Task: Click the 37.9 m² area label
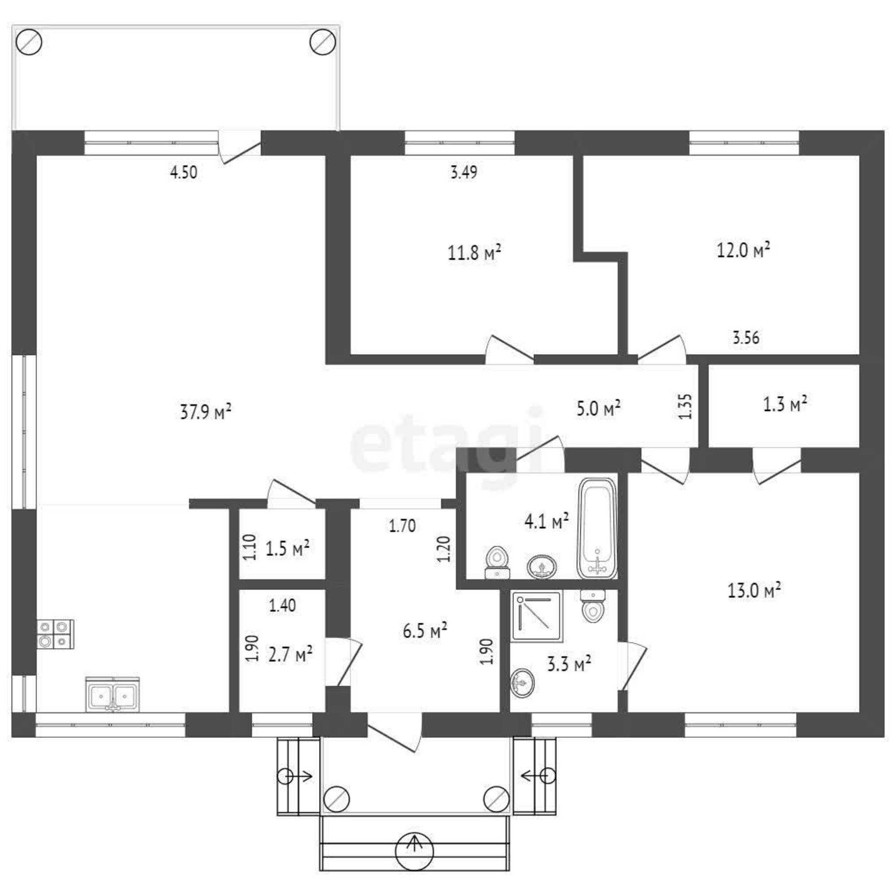(x=206, y=411)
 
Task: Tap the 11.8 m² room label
(x=474, y=252)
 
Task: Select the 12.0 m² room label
(x=743, y=250)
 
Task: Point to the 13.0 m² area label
(x=754, y=590)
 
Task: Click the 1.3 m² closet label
(x=785, y=404)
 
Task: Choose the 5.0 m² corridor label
(x=599, y=409)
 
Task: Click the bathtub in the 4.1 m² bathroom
(x=597, y=528)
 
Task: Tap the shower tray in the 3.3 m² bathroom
(x=537, y=616)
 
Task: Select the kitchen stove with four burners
(x=55, y=634)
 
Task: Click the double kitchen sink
(x=113, y=694)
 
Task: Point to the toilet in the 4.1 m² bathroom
(x=497, y=563)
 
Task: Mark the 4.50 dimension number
(x=184, y=172)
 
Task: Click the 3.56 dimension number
(x=746, y=338)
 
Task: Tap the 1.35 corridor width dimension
(x=685, y=406)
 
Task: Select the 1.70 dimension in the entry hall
(x=402, y=526)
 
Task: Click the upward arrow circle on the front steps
(x=414, y=852)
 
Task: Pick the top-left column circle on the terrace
(x=29, y=42)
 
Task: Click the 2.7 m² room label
(x=290, y=655)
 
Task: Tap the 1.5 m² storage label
(x=287, y=549)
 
